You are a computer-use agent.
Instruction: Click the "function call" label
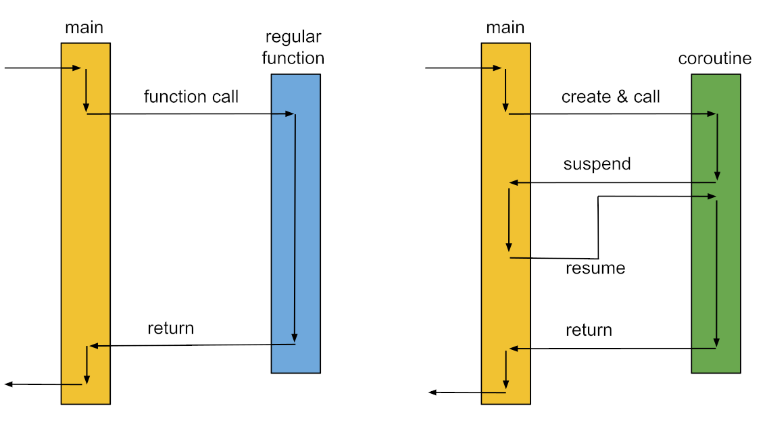point(191,97)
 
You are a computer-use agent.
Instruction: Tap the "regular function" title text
point(293,48)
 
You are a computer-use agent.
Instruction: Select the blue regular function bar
point(295,223)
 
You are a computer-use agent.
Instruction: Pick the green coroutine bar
point(716,223)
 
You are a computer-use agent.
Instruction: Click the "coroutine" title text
point(714,59)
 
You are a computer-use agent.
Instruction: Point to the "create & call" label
point(610,97)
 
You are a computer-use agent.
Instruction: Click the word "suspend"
point(597,164)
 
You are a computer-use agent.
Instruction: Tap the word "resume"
point(595,269)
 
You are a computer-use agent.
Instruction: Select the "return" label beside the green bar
point(589,330)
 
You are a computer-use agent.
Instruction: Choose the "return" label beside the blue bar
point(170,328)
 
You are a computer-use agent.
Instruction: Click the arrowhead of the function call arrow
point(291,114)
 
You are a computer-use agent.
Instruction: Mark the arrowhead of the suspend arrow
point(514,183)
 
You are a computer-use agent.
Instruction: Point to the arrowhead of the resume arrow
point(712,197)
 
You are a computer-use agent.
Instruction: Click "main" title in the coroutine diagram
point(505,28)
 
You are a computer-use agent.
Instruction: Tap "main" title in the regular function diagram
point(84,28)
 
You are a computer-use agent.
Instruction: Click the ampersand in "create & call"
point(622,97)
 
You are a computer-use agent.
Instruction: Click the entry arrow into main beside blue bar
point(41,68)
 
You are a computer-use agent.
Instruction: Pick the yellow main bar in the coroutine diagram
point(505,223)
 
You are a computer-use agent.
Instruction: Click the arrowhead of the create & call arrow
point(711,114)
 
